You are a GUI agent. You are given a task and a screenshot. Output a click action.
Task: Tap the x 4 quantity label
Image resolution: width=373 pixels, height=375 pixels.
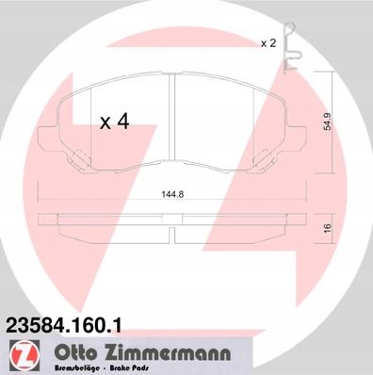pos(114,122)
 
